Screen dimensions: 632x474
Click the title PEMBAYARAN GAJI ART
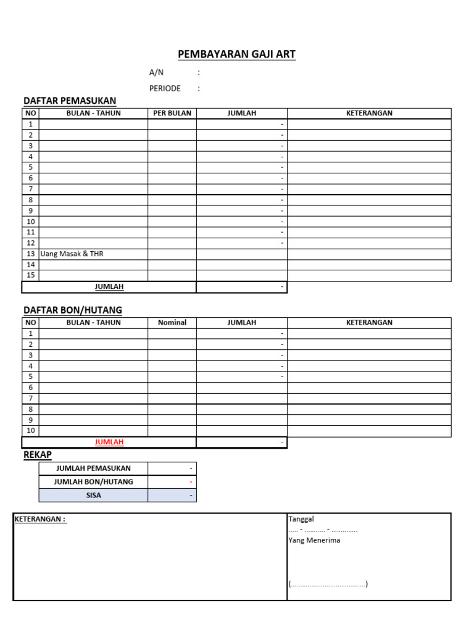click(236, 54)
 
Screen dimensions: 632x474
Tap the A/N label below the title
click(156, 72)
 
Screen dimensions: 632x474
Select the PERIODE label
click(165, 88)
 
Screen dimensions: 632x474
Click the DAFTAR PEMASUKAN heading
click(70, 101)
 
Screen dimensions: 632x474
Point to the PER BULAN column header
click(172, 114)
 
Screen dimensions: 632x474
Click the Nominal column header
click(172, 323)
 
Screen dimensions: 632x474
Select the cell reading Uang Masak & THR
click(72, 254)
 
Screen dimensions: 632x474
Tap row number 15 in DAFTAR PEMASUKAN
click(31, 275)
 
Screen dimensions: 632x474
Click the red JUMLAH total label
click(109, 442)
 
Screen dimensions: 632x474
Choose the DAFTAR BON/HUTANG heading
click(73, 310)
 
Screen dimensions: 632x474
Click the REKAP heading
click(37, 455)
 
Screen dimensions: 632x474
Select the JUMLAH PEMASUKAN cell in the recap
click(93, 468)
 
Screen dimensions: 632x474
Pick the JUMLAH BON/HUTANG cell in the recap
click(93, 482)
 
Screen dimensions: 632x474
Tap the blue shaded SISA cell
click(93, 496)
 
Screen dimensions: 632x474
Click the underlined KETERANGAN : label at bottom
click(40, 519)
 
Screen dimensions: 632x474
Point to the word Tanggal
click(301, 519)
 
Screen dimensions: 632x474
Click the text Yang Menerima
click(314, 540)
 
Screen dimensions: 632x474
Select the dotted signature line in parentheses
click(328, 584)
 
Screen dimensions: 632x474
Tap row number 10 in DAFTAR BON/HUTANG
click(31, 431)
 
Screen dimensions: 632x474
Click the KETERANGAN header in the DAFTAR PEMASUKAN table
click(369, 114)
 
